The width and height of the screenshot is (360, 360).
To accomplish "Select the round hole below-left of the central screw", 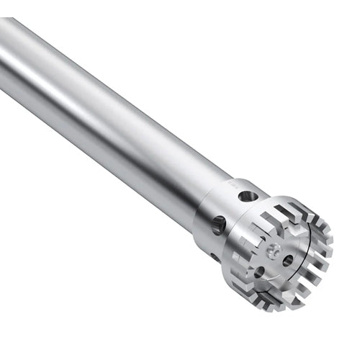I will (x=258, y=271).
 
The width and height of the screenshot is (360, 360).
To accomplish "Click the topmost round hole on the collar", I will (x=246, y=195).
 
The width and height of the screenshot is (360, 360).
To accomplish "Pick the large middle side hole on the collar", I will (x=218, y=225).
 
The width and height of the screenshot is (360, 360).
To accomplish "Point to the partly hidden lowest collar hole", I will (x=215, y=256).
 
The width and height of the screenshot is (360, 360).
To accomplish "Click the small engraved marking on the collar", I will (x=232, y=184).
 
